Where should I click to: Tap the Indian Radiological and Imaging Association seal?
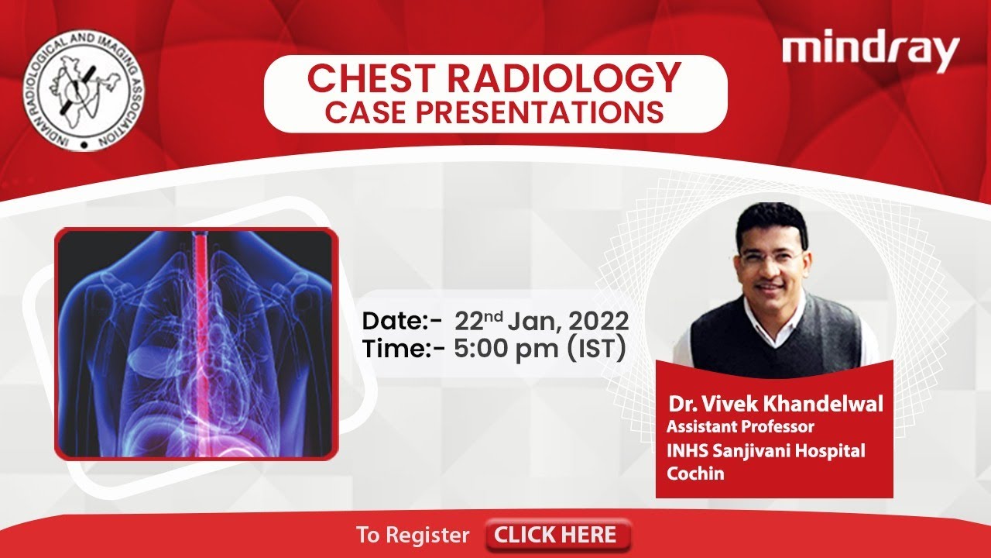(x=84, y=91)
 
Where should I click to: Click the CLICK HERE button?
(x=557, y=535)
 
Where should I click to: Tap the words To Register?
(x=413, y=535)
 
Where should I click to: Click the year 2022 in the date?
(x=598, y=321)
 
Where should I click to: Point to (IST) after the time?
(x=596, y=349)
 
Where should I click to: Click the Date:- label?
(x=402, y=321)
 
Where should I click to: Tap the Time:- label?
(x=403, y=349)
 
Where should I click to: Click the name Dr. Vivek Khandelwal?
(x=776, y=404)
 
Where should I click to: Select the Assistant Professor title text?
(x=740, y=427)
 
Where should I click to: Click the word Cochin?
(x=695, y=474)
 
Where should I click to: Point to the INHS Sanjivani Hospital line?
(x=766, y=451)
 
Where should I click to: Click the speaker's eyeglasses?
(x=771, y=257)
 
